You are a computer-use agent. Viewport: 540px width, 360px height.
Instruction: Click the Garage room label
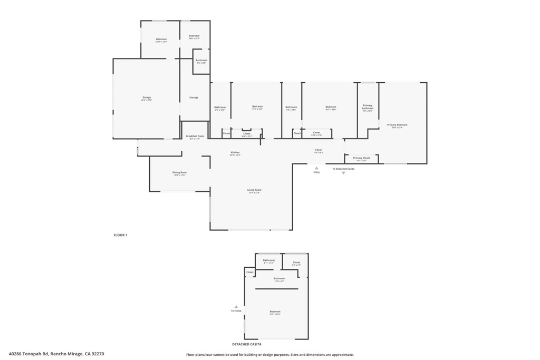[x=147, y=98]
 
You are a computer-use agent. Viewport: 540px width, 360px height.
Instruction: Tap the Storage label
[x=194, y=98]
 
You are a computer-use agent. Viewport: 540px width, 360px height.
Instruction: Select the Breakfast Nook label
[x=195, y=137]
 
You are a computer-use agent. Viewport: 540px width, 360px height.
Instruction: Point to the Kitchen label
[x=235, y=153]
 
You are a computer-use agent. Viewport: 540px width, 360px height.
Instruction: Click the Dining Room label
[x=180, y=173]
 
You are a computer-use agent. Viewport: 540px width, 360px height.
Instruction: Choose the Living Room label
[x=255, y=190]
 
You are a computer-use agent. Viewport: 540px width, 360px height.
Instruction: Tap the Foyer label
[x=319, y=150]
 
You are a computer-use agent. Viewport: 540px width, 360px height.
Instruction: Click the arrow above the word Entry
[x=316, y=168]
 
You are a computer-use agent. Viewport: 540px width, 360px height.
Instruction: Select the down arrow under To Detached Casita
[x=343, y=173]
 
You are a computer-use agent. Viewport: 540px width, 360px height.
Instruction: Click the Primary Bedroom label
[x=397, y=125]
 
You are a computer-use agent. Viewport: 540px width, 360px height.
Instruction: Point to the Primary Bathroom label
[x=368, y=107]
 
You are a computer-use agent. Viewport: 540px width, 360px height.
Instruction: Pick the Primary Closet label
[x=361, y=158]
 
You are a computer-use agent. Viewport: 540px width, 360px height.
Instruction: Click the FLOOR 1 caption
[x=120, y=235]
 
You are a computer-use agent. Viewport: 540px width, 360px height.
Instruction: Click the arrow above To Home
[x=236, y=306]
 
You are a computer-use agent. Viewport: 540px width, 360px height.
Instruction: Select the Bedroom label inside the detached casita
[x=275, y=312]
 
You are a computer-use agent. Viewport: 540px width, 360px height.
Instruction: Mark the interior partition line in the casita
[x=277, y=289]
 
